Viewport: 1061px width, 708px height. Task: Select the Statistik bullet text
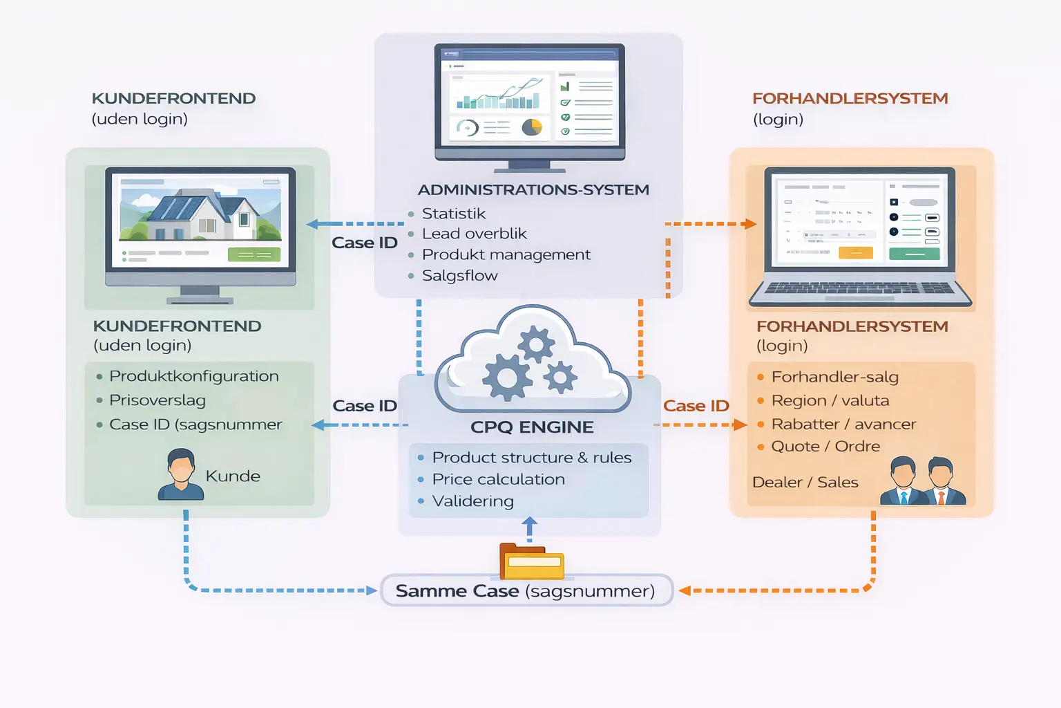click(x=454, y=214)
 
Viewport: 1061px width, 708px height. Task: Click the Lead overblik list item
click(x=474, y=234)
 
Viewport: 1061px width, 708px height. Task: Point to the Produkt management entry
click(x=506, y=254)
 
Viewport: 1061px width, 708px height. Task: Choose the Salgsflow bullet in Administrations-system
click(x=459, y=275)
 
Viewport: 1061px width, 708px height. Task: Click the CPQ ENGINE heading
click(x=532, y=427)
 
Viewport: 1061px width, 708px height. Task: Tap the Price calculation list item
click(x=498, y=479)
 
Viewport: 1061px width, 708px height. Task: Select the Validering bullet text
click(x=472, y=501)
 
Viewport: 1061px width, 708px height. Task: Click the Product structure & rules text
click(x=531, y=458)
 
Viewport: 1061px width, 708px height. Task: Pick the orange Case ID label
click(x=696, y=406)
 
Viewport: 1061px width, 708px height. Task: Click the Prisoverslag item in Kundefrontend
click(x=157, y=400)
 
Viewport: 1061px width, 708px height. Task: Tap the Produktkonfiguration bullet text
click(x=193, y=376)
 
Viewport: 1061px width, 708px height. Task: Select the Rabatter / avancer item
click(x=843, y=424)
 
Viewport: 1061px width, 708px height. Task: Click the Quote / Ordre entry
click(x=825, y=447)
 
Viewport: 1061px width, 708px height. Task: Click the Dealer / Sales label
click(x=805, y=482)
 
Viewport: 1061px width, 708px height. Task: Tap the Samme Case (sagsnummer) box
click(x=526, y=591)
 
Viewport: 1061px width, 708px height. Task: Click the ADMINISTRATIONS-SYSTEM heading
click(x=533, y=189)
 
